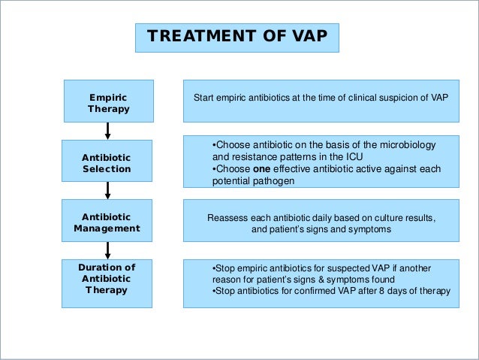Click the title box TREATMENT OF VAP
236,37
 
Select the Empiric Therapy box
108,103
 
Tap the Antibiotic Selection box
107,163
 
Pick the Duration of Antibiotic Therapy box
107,279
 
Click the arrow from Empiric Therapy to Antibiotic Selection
108,131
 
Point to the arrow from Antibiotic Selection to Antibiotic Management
108,191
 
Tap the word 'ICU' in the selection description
335,157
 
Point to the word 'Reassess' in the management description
227,218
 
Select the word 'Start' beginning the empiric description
205,98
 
